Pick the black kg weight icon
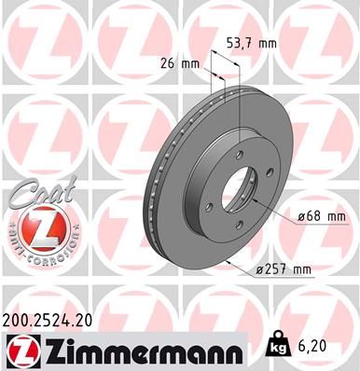[x=279, y=343]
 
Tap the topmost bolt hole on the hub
[x=241, y=155]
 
